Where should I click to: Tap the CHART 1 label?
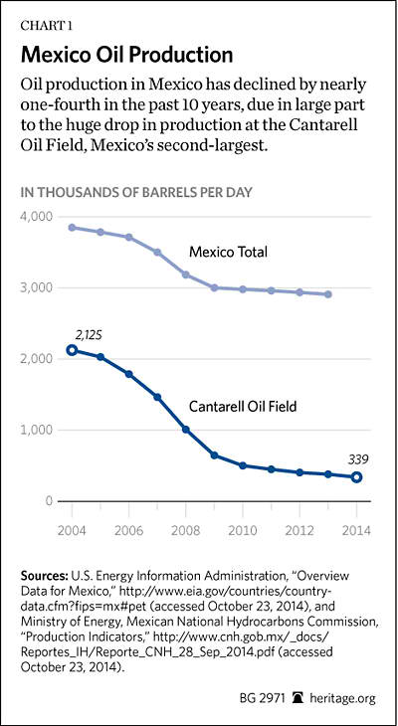[x=45, y=25]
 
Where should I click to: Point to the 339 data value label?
[x=357, y=460]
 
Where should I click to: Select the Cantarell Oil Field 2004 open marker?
[x=72, y=350]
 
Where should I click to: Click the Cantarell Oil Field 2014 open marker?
[x=356, y=477]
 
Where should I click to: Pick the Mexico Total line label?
[x=229, y=253]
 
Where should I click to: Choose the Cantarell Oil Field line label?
[x=243, y=407]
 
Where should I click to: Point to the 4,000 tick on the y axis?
[x=37, y=217]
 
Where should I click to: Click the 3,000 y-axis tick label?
[x=37, y=288]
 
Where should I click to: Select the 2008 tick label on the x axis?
[x=185, y=530]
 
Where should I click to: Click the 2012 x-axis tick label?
[x=299, y=530]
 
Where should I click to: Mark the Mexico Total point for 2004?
[x=72, y=228]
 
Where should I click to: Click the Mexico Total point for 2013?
[x=328, y=294]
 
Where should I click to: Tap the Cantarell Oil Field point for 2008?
[x=186, y=430]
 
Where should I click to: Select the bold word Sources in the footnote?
[x=45, y=577]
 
